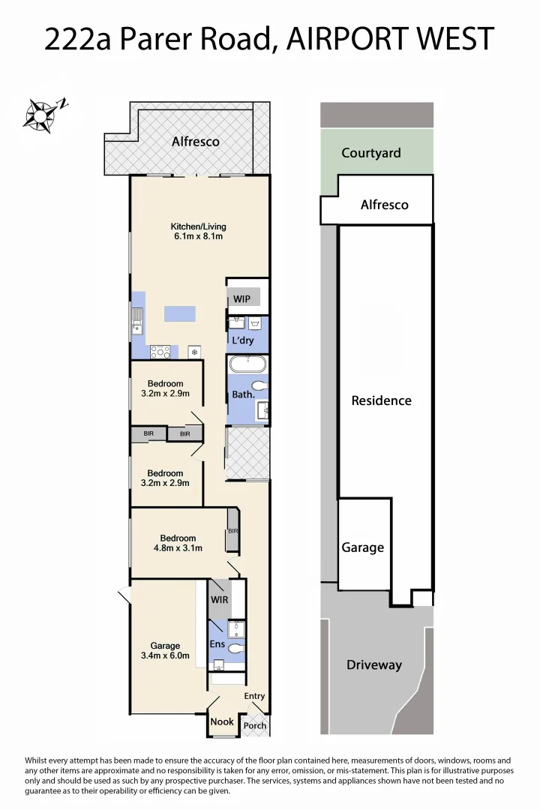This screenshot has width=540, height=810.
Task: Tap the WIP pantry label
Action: point(241,299)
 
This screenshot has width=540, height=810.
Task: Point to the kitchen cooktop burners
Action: point(160,351)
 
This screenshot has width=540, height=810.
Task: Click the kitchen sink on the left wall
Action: point(138,321)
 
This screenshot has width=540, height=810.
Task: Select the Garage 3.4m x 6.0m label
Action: point(165,650)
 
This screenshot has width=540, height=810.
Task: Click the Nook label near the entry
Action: point(222,721)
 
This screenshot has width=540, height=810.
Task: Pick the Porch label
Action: point(255,726)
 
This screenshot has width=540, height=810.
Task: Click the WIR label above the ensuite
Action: point(219,600)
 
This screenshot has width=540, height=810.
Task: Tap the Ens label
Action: point(217,643)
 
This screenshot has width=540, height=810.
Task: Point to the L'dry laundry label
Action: point(242,340)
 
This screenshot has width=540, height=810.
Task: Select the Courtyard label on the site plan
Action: point(370,153)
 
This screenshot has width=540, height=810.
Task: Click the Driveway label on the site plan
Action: point(373,664)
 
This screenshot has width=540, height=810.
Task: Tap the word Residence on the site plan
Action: point(381,400)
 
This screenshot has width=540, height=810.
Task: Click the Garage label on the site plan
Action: point(362,547)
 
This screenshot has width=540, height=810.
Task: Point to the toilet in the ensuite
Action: point(236,648)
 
